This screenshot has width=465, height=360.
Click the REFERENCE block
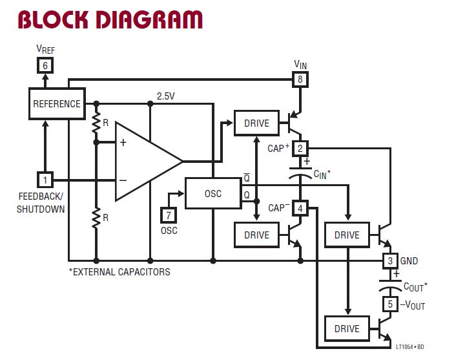coord(57,104)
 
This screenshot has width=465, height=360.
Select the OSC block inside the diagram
coord(212,193)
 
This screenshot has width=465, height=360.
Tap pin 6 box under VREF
coord(45,65)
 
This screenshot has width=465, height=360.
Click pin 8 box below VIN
coord(300,79)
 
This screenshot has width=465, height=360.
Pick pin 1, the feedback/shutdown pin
coord(45,179)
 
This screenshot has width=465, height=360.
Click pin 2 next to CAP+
coord(300,148)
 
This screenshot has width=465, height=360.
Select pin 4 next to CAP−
coord(300,208)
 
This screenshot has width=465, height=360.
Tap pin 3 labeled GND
coord(389,261)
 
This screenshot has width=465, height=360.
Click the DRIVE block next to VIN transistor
coord(256,123)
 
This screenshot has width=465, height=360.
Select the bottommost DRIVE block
coord(347,328)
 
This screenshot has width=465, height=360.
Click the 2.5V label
coord(166,96)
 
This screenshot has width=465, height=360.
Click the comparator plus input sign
coord(123,143)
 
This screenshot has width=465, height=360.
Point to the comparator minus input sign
coord(123,180)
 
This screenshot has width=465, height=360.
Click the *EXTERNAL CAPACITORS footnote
coord(119,271)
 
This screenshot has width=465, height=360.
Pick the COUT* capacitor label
coord(415,286)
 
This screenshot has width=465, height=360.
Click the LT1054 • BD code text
coord(410,347)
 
